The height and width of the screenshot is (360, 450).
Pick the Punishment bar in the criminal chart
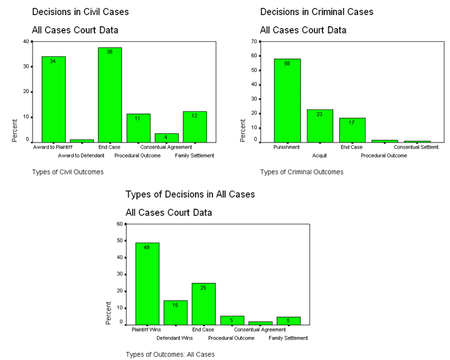(x=287, y=101)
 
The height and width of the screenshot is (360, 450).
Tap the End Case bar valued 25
(x=204, y=304)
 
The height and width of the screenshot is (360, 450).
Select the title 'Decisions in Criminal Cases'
(x=316, y=12)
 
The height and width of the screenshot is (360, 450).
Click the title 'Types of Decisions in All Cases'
(x=190, y=194)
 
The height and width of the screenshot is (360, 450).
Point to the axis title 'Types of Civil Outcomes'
(x=67, y=171)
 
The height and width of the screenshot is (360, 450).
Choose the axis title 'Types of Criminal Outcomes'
(x=301, y=172)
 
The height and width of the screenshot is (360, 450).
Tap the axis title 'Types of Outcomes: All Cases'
(x=169, y=354)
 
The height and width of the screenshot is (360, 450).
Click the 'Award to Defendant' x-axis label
(x=82, y=155)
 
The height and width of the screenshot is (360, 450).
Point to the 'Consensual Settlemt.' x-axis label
(x=417, y=147)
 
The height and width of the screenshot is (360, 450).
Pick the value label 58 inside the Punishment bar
(x=287, y=63)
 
